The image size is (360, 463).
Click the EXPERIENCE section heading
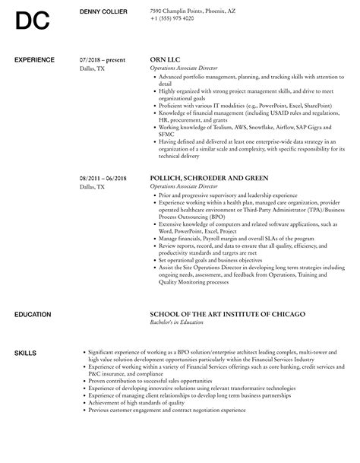tap(35, 59)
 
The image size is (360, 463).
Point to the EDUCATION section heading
tap(33, 293)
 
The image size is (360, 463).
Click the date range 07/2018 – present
tap(103, 59)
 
